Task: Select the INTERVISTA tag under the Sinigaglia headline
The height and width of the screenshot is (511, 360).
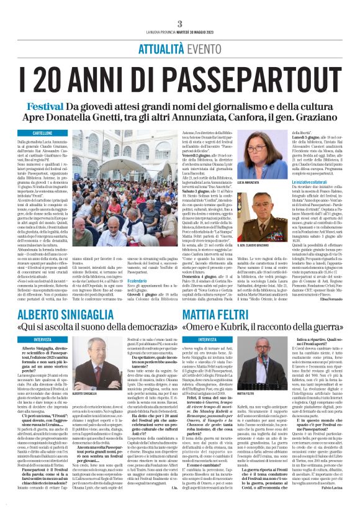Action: [43, 340]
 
